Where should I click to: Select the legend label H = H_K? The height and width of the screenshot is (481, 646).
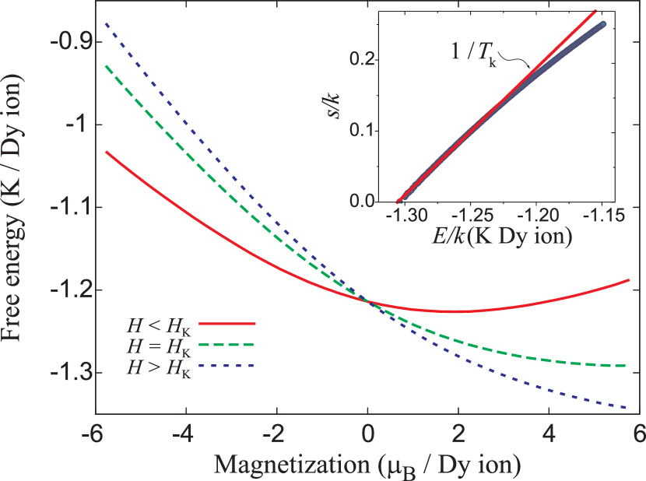160,343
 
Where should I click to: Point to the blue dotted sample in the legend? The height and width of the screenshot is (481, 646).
227,365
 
